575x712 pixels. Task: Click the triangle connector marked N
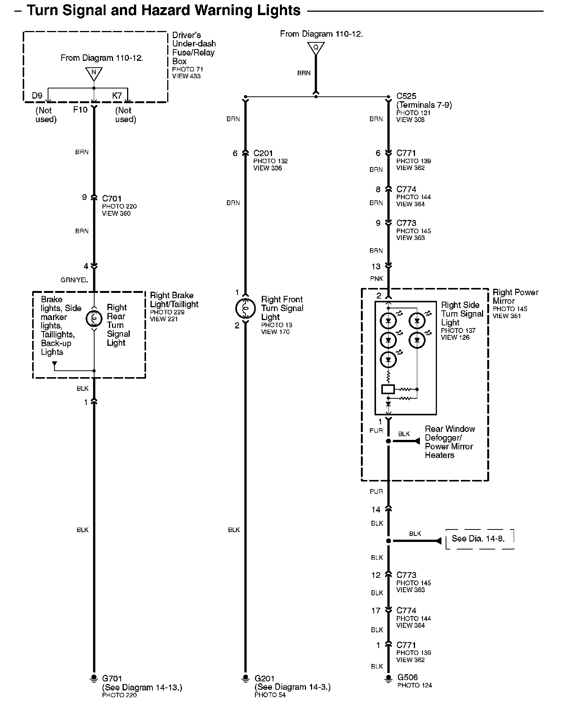(x=93, y=73)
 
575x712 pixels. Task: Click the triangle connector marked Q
(x=315, y=48)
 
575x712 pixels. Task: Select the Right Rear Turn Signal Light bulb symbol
(x=94, y=319)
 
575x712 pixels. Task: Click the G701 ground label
(x=112, y=679)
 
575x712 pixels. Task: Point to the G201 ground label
(x=264, y=679)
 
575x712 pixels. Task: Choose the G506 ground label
(x=407, y=677)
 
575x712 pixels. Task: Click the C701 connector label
(x=112, y=198)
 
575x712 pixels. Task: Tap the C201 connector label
(x=263, y=153)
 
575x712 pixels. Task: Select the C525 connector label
(x=406, y=96)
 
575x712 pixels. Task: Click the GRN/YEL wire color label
(x=75, y=280)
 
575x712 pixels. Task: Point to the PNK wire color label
(x=377, y=279)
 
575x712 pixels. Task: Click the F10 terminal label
(x=80, y=110)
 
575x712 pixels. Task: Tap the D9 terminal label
(x=37, y=96)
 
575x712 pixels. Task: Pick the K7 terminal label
(x=117, y=96)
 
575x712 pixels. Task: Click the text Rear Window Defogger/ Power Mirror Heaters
(x=449, y=442)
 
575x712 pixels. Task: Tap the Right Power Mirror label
(x=515, y=297)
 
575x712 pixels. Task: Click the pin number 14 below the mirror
(x=376, y=510)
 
